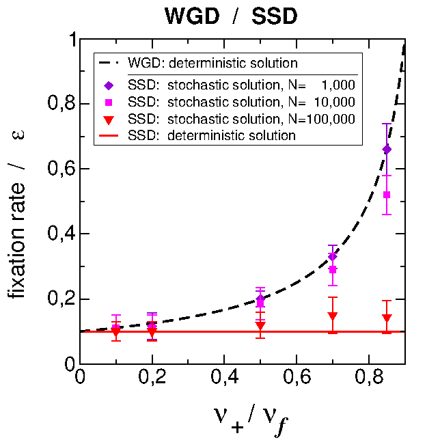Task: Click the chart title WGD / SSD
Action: coord(231,16)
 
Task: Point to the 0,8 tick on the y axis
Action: coord(62,105)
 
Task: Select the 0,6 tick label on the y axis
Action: coord(62,169)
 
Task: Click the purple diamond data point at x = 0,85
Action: coord(387,149)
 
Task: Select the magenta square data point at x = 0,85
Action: coord(387,195)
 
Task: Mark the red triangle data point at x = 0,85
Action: coord(387,318)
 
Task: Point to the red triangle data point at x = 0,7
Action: coord(333,316)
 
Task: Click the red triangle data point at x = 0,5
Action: coord(260,326)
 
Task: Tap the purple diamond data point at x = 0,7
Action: coord(333,256)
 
